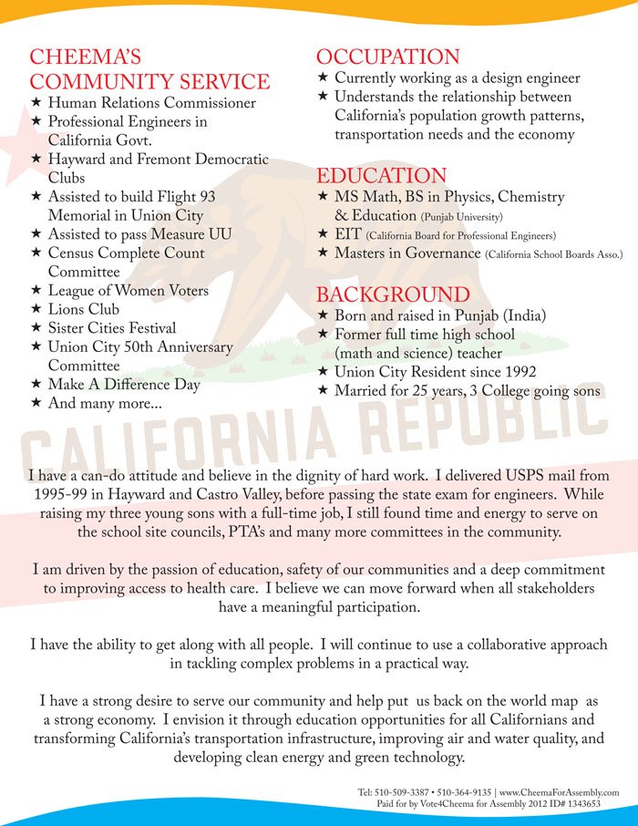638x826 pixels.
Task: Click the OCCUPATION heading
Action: (387, 57)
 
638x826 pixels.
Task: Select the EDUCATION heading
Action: (381, 176)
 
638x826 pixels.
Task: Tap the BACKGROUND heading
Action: (393, 294)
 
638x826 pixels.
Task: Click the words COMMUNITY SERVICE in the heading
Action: (149, 81)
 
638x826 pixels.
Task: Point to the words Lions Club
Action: (84, 309)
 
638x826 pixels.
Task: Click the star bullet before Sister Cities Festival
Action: (36, 327)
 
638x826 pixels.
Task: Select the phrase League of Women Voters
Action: (129, 291)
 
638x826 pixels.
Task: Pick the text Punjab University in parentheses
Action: (462, 218)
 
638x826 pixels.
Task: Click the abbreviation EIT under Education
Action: (348, 234)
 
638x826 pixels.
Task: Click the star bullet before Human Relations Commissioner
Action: (36, 103)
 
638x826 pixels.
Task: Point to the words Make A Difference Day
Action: (124, 384)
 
